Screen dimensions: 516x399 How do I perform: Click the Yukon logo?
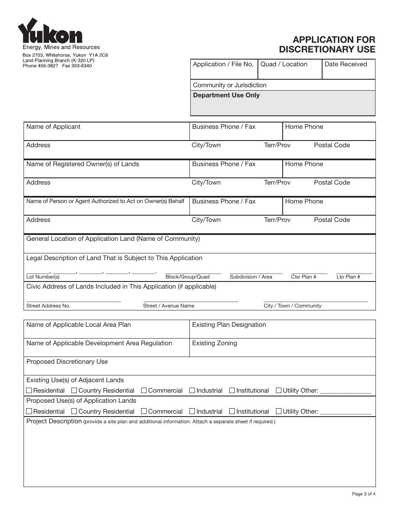pos(50,31)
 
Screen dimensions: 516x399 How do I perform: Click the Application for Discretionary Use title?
pos(327,44)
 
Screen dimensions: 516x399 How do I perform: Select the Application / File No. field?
pos(223,70)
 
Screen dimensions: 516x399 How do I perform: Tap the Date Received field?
pos(348,70)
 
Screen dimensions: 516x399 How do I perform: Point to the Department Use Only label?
pos(226,95)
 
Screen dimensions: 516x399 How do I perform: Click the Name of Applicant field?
pos(107,132)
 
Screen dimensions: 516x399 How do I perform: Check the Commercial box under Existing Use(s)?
pos(144,391)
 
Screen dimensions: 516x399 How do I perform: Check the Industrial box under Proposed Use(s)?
pos(192,412)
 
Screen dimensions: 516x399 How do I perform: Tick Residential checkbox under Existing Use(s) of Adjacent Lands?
pos(29,391)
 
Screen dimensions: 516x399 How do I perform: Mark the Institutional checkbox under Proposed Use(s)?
pos(232,412)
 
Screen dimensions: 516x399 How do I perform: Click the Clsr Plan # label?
pos(303,277)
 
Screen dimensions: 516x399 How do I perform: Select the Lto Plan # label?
pos(348,277)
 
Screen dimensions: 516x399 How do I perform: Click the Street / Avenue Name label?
pos(168,306)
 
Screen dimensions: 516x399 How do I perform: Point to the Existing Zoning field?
pos(282,348)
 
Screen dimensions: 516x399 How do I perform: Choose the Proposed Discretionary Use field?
pos(199,366)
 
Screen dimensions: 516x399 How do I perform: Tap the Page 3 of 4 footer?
pos(363,494)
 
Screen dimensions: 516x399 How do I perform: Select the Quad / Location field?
pos(289,70)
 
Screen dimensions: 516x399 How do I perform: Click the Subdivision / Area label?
pos(251,277)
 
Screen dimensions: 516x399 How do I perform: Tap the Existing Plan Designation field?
pos(282,329)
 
